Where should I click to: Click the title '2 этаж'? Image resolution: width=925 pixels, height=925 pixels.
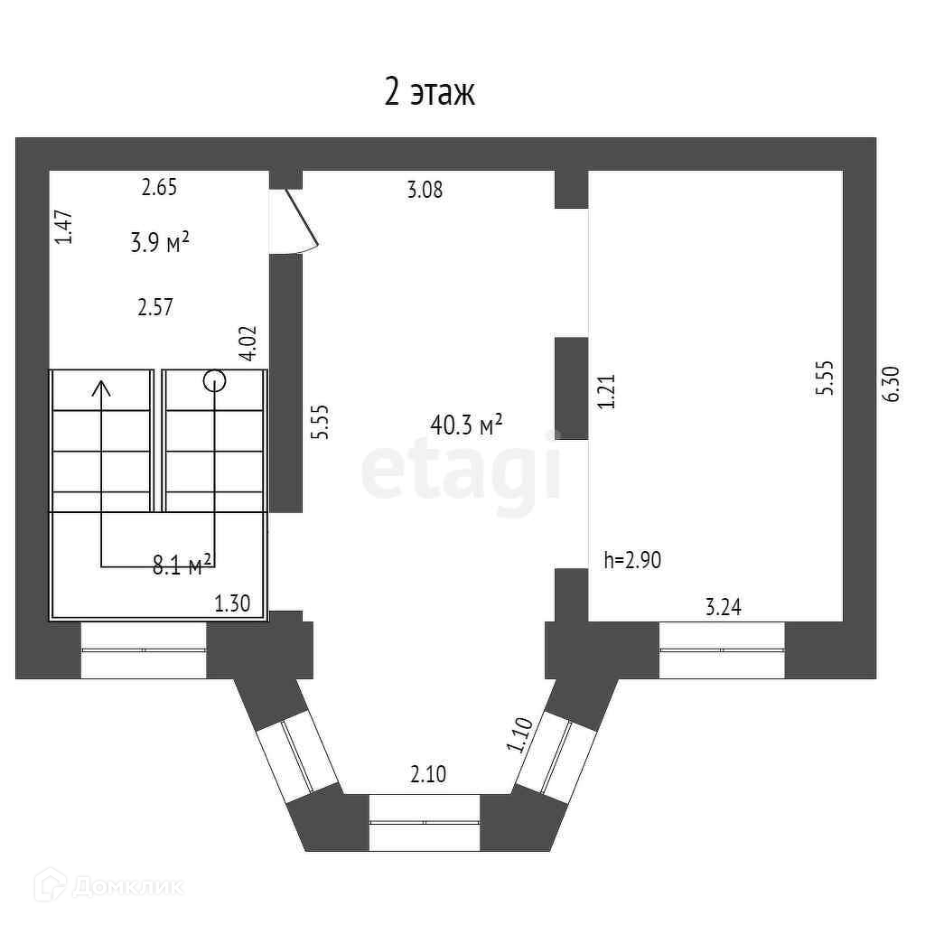[x=430, y=92]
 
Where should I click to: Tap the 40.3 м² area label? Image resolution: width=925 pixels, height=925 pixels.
[x=466, y=425]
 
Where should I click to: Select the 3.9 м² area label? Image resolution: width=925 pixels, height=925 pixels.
[x=159, y=241]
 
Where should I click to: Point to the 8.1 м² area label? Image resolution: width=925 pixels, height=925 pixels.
[x=182, y=565]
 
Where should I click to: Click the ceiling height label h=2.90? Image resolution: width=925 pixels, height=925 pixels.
[x=632, y=560]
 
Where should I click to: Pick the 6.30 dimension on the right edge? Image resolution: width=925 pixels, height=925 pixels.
[x=892, y=383]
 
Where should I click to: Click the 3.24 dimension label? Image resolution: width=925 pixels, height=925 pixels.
[x=723, y=608]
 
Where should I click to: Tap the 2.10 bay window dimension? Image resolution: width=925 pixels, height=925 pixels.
[x=428, y=774]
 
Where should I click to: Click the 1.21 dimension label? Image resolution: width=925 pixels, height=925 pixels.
[x=606, y=392]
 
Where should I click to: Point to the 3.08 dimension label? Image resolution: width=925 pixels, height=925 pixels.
[x=425, y=191]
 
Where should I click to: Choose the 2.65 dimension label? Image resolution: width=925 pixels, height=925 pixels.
[x=159, y=188]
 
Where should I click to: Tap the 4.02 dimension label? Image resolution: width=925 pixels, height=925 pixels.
[x=249, y=343]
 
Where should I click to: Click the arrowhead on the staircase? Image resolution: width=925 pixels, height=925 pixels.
[x=101, y=388]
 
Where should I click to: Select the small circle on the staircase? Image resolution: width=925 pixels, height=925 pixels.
[x=215, y=380]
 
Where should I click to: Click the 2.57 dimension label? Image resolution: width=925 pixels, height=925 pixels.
[x=154, y=307]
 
